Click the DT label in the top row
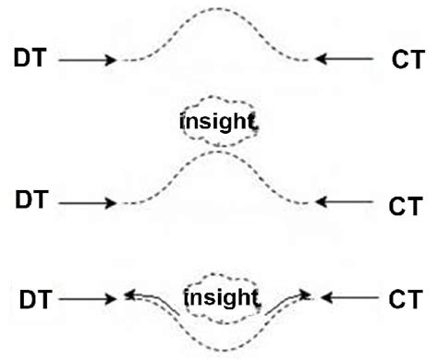[32, 57]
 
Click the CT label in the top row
[407, 59]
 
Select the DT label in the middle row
[32, 200]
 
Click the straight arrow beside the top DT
[87, 60]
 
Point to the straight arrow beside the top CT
[346, 60]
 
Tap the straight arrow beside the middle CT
[346, 202]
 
